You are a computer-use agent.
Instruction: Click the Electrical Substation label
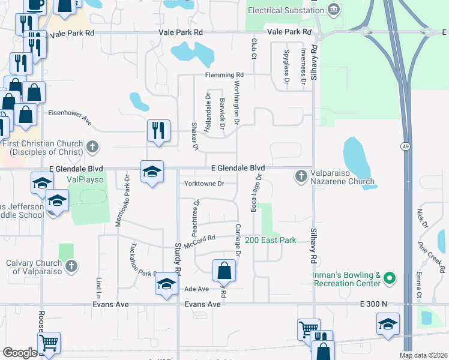pos(286,10)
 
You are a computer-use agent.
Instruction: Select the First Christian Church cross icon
pos(92,146)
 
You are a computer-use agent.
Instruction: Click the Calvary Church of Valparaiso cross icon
pos(71,266)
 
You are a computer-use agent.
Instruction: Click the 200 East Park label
pos(270,240)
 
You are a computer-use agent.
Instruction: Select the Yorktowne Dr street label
pos(204,184)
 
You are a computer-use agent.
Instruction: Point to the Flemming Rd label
pos(219,75)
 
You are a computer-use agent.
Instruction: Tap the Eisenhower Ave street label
pos(70,116)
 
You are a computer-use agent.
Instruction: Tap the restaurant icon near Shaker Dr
pos(158,130)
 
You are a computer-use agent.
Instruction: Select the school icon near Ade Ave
pos(166,283)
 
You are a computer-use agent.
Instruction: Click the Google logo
pos(20,353)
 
